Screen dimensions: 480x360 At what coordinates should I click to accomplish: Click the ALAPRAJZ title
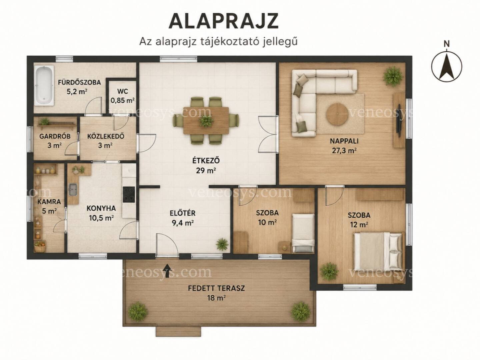point(223,21)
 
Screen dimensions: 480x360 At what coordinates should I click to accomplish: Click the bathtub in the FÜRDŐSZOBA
point(44,85)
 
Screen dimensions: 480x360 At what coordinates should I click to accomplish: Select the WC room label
point(122,91)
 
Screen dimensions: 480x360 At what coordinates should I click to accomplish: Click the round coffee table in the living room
point(337,114)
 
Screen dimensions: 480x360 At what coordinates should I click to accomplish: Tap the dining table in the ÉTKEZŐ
point(206,120)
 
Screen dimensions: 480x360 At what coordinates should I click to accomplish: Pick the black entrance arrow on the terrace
point(167,271)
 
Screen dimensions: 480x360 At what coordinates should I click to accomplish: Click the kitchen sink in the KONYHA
point(73,190)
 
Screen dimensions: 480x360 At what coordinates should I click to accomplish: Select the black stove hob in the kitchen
point(129,194)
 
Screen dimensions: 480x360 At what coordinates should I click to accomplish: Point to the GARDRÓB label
point(55,136)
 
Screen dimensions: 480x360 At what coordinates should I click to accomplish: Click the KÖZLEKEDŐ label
point(106,136)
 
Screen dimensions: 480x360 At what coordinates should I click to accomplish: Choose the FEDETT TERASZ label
point(216,288)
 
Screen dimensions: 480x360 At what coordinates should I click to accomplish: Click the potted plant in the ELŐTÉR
point(222,244)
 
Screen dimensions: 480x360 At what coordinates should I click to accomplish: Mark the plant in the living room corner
point(393,76)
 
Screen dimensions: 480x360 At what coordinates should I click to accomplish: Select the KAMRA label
point(49,202)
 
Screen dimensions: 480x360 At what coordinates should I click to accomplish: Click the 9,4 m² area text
point(183,223)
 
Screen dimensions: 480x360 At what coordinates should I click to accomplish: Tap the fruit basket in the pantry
point(40,246)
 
